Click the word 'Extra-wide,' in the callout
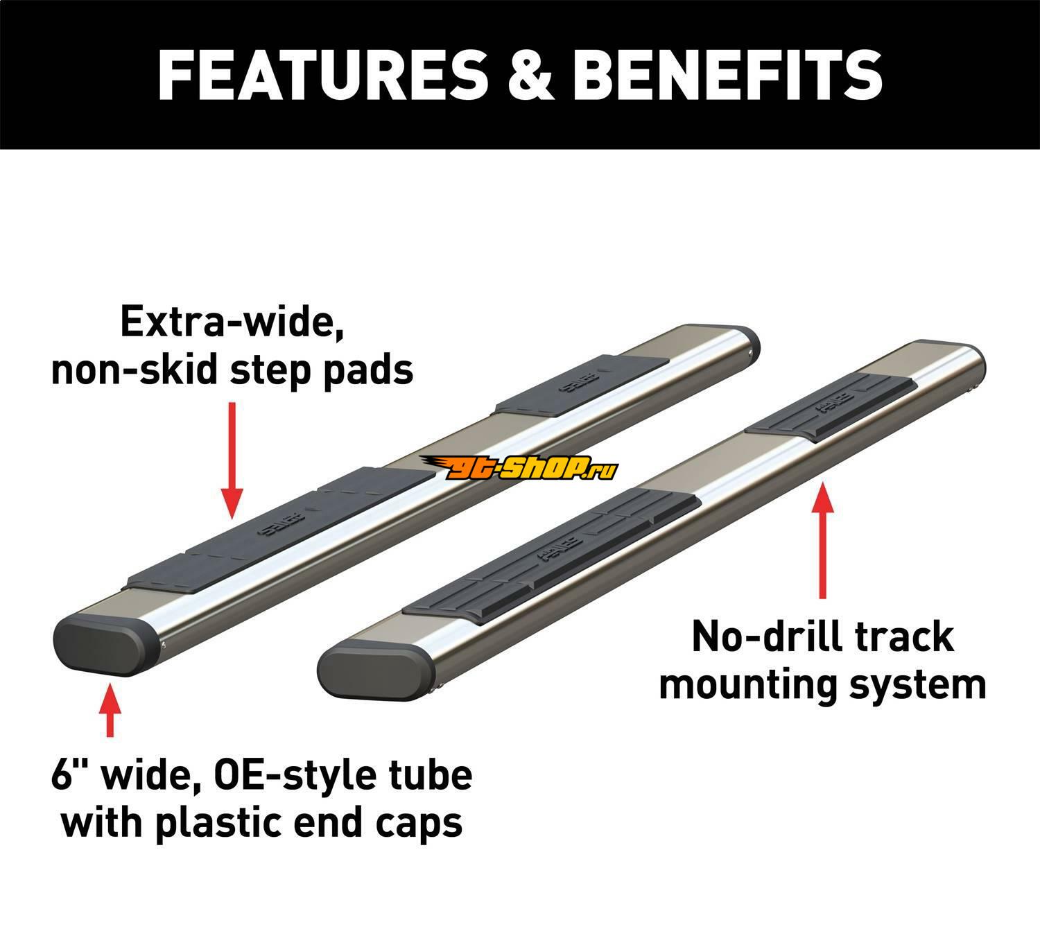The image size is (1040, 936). [232, 322]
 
